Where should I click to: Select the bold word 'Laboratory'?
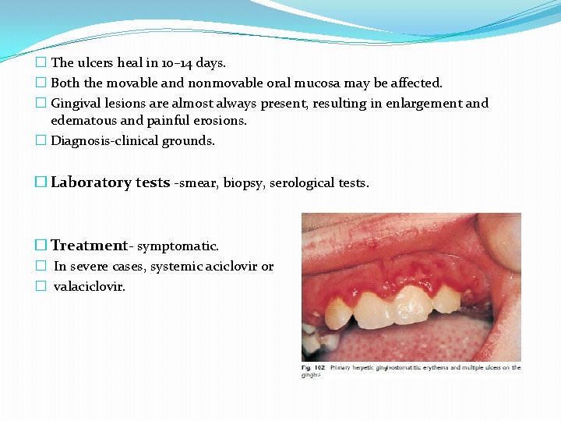tap(91, 182)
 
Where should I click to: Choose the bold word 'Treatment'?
tap(89, 246)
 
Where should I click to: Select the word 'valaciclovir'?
tap(89, 287)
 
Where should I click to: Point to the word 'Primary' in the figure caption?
tap(343, 367)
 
